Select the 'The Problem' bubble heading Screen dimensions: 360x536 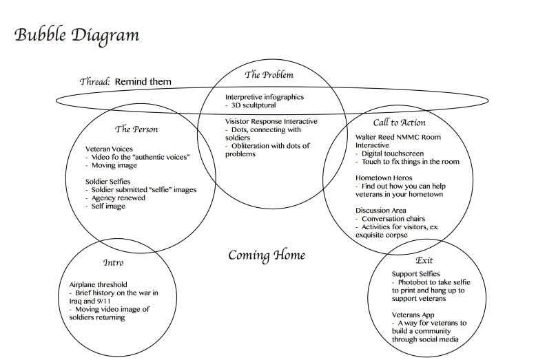pyautogui.click(x=269, y=74)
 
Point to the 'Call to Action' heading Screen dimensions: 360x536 pyautogui.click(x=399, y=123)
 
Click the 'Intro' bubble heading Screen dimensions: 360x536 pyautogui.click(x=113, y=263)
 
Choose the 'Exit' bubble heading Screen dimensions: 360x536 pyautogui.click(x=424, y=261)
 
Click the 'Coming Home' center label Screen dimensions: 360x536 pyautogui.click(x=267, y=256)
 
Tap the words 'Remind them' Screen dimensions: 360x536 pyautogui.click(x=143, y=81)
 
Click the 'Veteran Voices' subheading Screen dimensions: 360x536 pyautogui.click(x=109, y=149)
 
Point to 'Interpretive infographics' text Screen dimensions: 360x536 pyautogui.click(x=264, y=98)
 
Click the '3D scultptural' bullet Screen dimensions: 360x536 pyautogui.click(x=257, y=107)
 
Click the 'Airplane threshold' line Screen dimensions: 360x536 pyautogui.click(x=98, y=284)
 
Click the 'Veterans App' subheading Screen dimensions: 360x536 pyautogui.click(x=413, y=315)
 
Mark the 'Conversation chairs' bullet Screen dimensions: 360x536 pyautogui.click(x=398, y=218)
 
